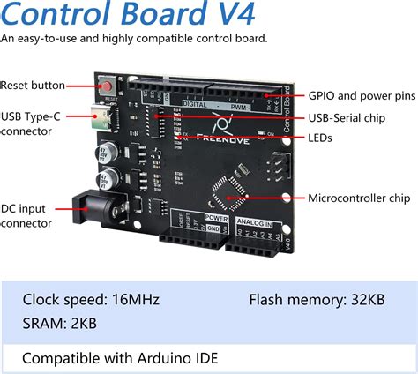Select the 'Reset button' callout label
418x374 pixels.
(34, 86)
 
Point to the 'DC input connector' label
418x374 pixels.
(27, 216)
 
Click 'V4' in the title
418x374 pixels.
(234, 15)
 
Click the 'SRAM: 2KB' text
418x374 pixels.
(59, 324)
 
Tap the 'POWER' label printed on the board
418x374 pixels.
(216, 216)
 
